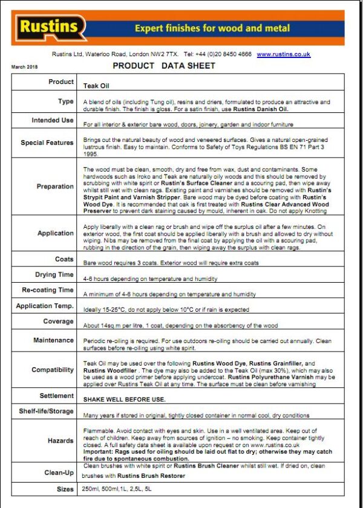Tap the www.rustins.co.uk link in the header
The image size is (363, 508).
coord(283,54)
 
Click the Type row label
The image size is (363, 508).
coord(65,101)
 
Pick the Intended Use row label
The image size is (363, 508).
coord(53,120)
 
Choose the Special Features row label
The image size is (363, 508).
coord(47,143)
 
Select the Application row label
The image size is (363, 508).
coord(56,233)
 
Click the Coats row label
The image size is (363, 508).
coord(64,259)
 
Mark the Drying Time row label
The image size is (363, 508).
coord(54,275)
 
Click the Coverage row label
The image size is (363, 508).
coord(59,321)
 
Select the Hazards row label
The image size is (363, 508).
coord(60,441)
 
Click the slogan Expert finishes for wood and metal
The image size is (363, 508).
coord(212,28)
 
